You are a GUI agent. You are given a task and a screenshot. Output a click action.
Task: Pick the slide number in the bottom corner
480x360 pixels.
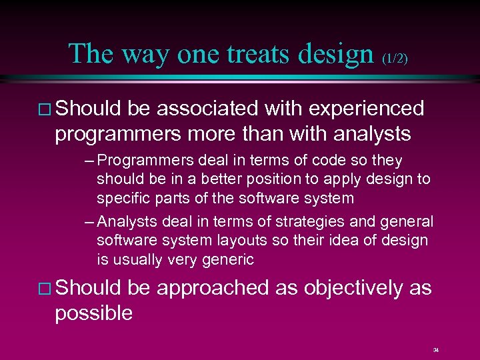435,349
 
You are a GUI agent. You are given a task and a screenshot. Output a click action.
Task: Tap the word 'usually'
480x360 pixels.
138,259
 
